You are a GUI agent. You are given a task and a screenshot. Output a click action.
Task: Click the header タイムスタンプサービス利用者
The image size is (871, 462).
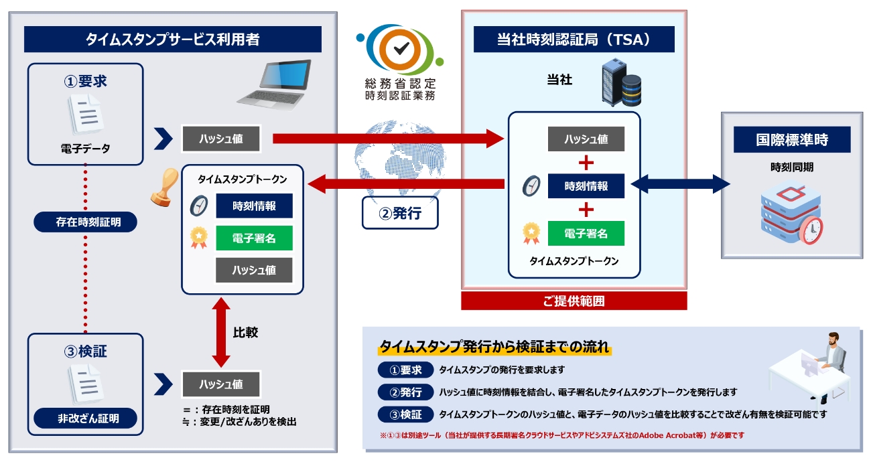pyautogui.click(x=172, y=40)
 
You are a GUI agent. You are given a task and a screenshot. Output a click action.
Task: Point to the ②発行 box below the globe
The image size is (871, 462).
pyautogui.click(x=400, y=214)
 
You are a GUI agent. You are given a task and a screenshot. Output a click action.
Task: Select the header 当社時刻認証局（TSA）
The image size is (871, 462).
pyautogui.click(x=574, y=40)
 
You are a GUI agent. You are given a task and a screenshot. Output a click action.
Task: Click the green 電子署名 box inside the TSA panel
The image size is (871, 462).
pyautogui.click(x=586, y=233)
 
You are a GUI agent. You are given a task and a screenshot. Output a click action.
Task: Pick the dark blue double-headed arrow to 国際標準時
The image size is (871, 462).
pyautogui.click(x=680, y=184)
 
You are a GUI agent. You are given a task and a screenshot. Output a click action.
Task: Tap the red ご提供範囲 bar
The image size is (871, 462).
pyautogui.click(x=574, y=301)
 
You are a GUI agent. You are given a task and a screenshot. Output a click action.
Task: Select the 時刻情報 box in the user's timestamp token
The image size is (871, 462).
pyautogui.click(x=254, y=206)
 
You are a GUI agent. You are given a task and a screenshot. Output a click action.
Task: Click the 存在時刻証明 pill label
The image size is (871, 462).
pyautogui.click(x=85, y=222)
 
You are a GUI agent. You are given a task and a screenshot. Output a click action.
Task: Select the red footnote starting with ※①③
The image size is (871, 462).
pyautogui.click(x=561, y=435)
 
